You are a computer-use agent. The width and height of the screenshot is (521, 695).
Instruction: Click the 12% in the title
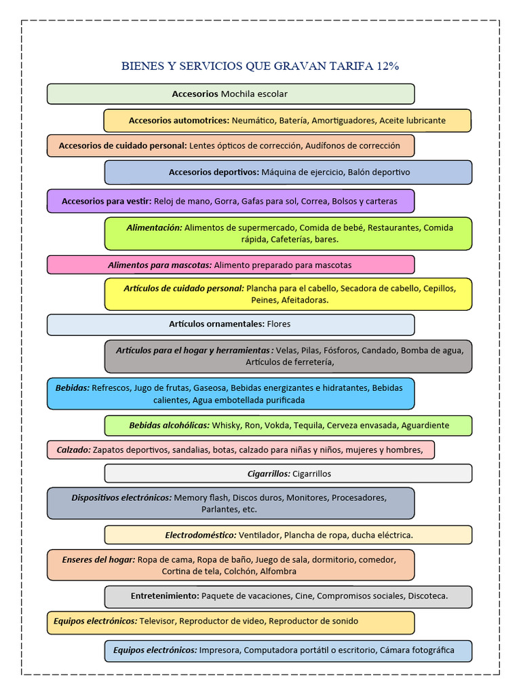coord(387,66)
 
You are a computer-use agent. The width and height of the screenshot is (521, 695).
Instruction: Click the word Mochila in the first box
coord(237,94)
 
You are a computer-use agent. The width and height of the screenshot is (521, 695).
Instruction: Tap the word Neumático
coord(253,121)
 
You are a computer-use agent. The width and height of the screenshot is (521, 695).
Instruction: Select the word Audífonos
coord(325,146)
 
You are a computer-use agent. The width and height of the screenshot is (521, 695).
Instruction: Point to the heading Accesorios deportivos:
coord(214,172)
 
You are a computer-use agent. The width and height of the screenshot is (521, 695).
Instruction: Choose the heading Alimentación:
coord(154,228)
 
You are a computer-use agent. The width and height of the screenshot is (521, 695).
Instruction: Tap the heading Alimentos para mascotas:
coord(160,265)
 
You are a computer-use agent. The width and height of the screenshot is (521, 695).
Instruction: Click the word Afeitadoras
coord(304,300)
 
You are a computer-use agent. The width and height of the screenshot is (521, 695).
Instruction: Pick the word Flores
coord(279,324)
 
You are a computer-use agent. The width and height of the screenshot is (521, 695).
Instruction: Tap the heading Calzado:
coord(73,450)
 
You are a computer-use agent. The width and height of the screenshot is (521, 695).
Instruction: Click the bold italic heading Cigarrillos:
coord(269,474)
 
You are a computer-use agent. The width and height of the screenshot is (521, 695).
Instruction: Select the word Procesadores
coord(359,497)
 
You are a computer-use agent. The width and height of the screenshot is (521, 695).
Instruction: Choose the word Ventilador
coord(259,536)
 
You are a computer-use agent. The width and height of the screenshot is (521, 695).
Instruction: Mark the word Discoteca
coord(428,596)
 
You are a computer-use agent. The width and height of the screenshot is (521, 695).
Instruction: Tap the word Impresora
coord(219,650)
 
